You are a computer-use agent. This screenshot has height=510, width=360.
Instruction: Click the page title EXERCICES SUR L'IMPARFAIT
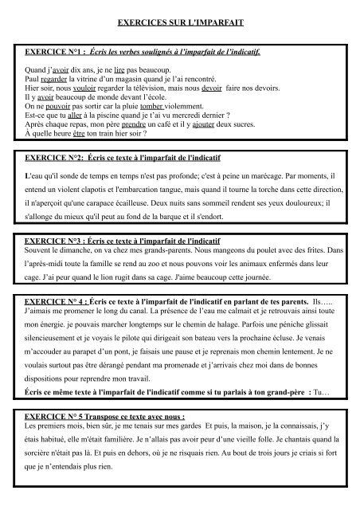click(x=179, y=25)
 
